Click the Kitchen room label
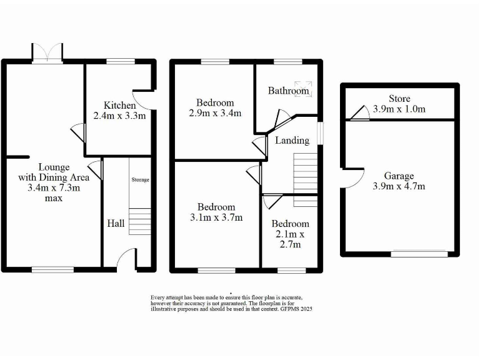119,105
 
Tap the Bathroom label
289,91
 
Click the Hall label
116,223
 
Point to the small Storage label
140,180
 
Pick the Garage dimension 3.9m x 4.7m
399,186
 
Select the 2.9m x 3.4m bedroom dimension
216,113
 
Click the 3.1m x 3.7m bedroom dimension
216,217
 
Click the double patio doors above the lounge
48,52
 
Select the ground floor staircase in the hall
141,221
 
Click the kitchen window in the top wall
116,61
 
